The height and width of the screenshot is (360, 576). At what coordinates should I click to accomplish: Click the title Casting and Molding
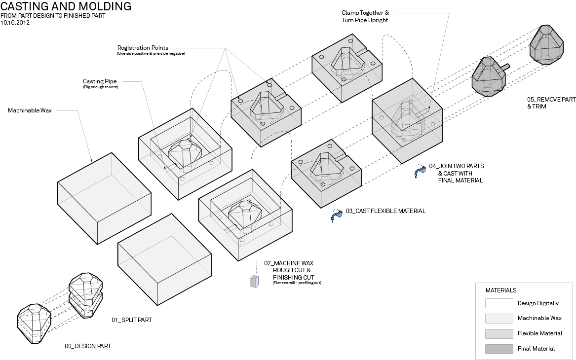point(66,6)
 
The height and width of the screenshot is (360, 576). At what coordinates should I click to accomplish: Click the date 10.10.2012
point(15,23)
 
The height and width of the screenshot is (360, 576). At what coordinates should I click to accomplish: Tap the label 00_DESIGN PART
point(88,346)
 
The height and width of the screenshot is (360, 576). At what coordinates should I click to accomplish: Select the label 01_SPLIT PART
point(131,320)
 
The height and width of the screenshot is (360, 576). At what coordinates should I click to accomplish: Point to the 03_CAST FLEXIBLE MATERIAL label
point(385,211)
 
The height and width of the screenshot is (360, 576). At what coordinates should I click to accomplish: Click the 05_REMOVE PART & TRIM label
point(551,103)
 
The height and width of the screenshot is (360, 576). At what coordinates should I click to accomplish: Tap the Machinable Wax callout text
point(30,110)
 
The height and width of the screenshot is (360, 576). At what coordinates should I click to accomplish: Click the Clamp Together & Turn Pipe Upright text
point(365,16)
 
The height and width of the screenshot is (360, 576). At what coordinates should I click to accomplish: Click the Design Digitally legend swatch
point(499,303)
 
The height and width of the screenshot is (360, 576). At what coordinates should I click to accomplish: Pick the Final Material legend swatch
point(499,349)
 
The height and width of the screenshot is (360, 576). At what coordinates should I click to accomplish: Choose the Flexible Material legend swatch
point(499,333)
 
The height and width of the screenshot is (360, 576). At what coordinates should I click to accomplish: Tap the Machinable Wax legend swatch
point(499,318)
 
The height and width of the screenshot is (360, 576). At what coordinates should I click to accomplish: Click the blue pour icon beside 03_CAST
point(336,215)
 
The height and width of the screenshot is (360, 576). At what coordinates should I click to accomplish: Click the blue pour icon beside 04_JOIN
point(420,171)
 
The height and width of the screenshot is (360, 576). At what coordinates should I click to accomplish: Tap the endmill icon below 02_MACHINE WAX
point(254,281)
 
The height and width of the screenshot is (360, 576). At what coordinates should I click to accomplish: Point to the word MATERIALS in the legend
point(501,290)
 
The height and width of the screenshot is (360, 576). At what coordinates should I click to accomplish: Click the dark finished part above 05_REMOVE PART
point(547,43)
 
